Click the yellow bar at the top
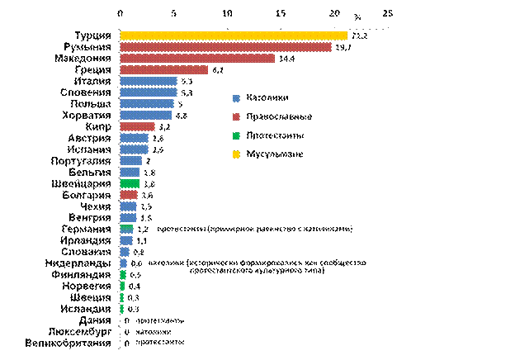click(233, 36)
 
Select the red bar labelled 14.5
click(197, 59)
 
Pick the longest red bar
click(225, 47)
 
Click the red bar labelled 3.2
click(137, 126)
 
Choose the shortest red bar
click(129, 195)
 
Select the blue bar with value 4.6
click(145, 115)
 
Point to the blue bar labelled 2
click(130, 161)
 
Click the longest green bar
click(130, 183)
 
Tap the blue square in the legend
click(237, 99)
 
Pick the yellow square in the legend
click(237, 154)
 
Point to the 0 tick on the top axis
click(120, 13)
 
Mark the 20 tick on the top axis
click(334, 13)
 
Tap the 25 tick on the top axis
click(388, 13)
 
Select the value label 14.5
click(286, 59)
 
